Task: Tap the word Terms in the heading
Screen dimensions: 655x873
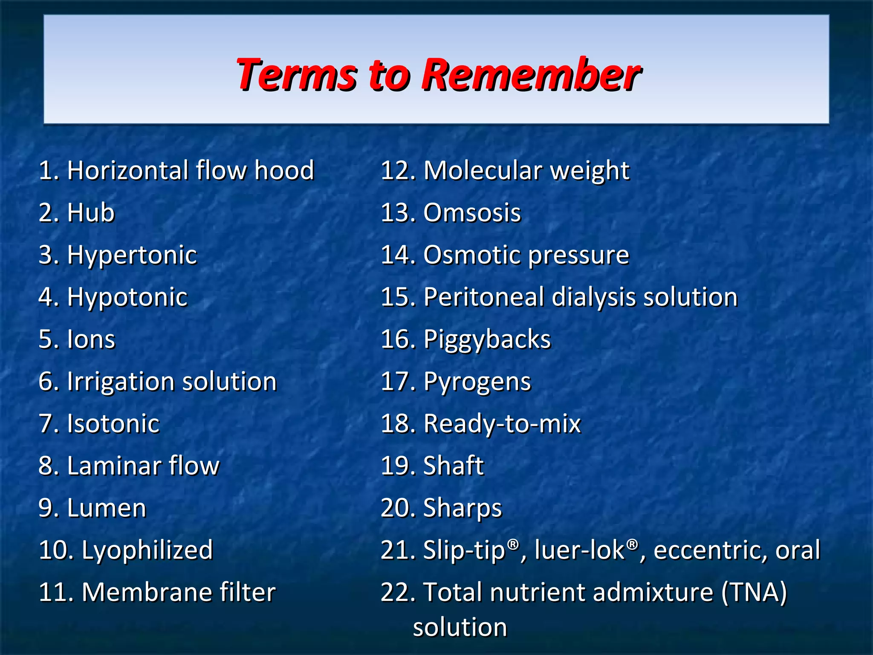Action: pos(297,75)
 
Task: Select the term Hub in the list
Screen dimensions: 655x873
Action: pos(91,213)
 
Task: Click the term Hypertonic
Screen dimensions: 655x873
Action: pos(132,255)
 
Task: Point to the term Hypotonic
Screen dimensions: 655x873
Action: pos(127,297)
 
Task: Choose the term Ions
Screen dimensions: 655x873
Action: pos(91,339)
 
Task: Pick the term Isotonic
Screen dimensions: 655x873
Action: pos(113,424)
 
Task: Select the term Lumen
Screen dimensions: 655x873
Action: pos(107,508)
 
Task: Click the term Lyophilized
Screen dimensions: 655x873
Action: pos(147,550)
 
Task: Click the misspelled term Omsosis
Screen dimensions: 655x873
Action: pos(472,213)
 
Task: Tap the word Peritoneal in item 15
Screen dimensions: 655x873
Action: pos(484,297)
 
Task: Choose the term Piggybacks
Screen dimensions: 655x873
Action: pos(487,340)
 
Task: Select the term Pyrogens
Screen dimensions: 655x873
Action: pos(477,382)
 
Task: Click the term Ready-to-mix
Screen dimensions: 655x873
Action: pos(502,424)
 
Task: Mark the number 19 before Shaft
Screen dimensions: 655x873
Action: pos(396,466)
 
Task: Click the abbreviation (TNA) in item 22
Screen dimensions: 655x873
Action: pos(754,592)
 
